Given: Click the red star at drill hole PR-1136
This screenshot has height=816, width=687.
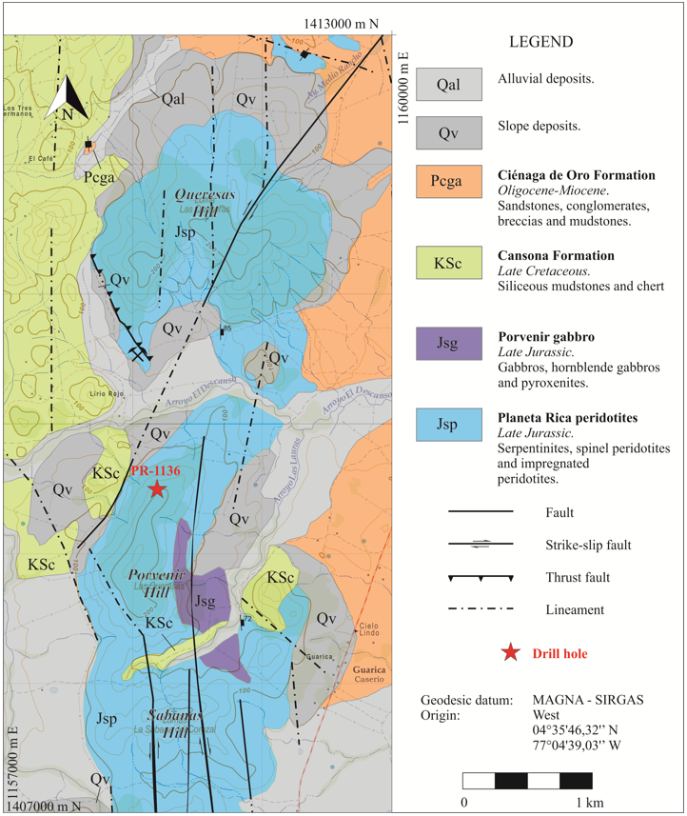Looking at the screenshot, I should (157, 488).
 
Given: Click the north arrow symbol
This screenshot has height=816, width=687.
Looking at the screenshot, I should (68, 99).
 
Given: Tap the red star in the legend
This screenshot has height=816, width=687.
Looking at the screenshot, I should (512, 652).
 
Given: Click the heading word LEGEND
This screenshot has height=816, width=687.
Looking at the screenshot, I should (540, 42).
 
